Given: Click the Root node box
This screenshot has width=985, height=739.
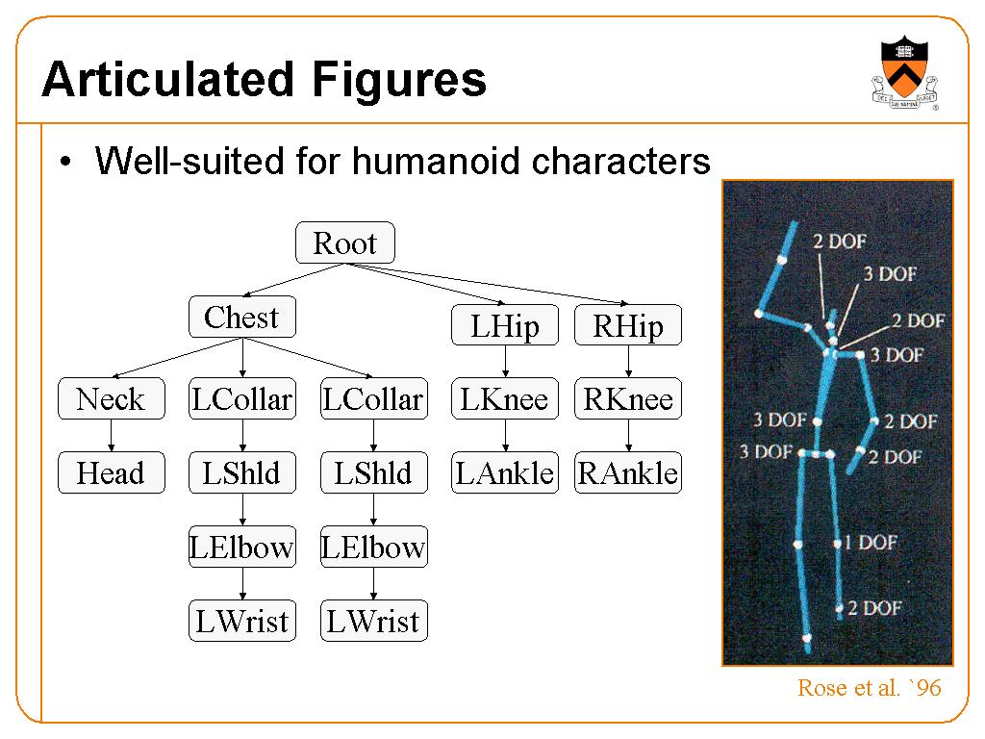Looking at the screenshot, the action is (x=345, y=242).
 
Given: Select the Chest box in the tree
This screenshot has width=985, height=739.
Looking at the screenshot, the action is (x=241, y=317).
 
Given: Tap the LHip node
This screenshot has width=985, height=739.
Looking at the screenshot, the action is (x=504, y=325).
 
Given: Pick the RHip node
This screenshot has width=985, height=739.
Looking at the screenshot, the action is (x=627, y=325).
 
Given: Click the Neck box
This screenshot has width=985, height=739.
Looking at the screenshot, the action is (x=112, y=398).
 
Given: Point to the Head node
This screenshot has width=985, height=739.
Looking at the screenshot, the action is (x=112, y=472).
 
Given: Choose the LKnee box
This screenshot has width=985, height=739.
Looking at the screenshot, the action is (x=504, y=398).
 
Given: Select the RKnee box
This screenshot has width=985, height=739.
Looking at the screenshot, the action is (x=627, y=398).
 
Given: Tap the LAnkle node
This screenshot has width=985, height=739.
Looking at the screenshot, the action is (x=504, y=472).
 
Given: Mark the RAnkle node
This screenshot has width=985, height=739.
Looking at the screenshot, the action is (x=627, y=472).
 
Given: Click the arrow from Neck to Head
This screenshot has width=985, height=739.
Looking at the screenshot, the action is (x=112, y=436).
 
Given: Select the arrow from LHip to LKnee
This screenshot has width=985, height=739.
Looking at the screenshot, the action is (x=505, y=362).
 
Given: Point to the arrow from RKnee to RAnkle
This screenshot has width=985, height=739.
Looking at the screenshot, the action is (x=628, y=436).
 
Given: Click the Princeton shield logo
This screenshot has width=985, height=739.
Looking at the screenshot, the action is (x=904, y=72).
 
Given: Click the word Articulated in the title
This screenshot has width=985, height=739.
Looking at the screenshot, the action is (x=168, y=80).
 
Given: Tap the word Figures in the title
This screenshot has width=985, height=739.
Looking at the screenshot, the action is (x=399, y=81).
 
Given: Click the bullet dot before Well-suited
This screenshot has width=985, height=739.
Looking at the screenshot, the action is (x=65, y=162).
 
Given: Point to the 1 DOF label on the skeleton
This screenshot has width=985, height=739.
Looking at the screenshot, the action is (x=871, y=542).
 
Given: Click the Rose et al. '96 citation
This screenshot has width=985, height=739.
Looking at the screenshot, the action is (x=870, y=687).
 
